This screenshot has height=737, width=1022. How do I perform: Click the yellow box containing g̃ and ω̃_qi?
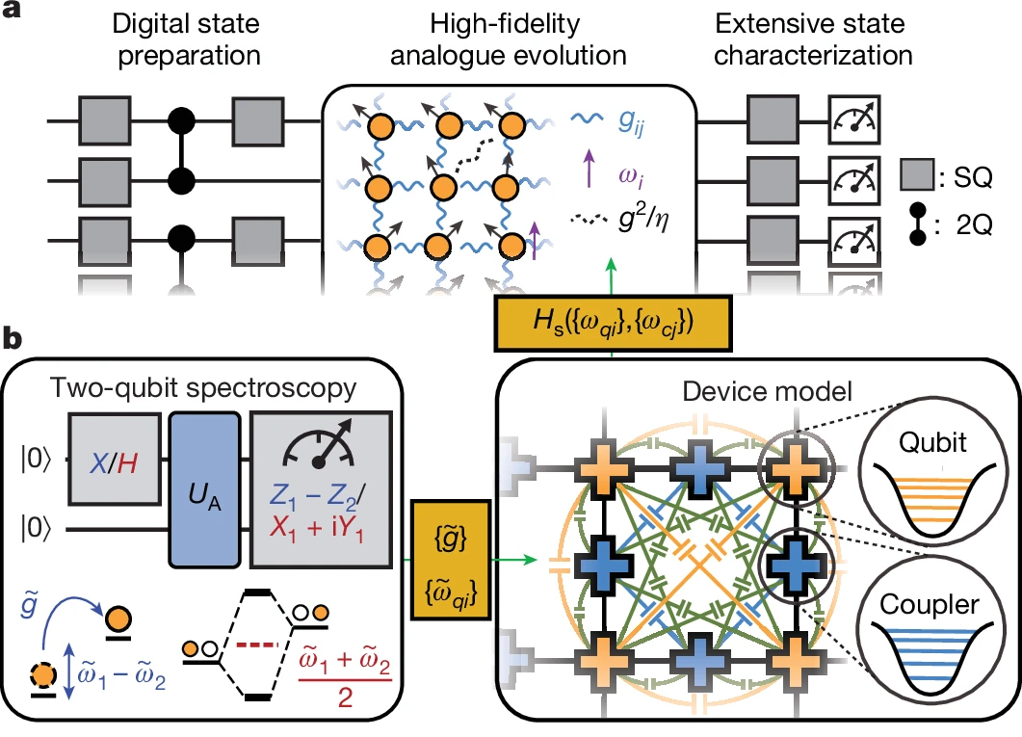point(447,556)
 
